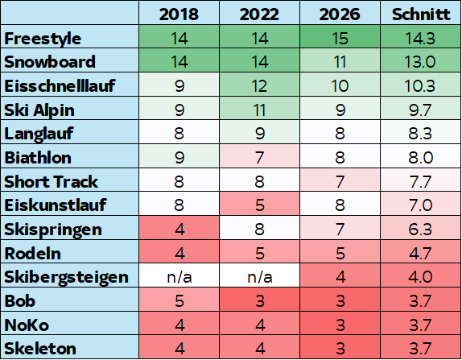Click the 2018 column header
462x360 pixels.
(179, 14)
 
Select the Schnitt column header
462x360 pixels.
(421, 14)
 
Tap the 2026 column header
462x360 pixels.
(340, 14)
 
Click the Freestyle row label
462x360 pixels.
(43, 39)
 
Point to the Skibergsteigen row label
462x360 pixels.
(66, 277)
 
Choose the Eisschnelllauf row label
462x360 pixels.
(60, 86)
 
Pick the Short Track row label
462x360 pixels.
(51, 181)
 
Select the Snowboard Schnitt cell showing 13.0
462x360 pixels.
(420, 62)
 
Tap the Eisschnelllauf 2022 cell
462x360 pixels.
(260, 86)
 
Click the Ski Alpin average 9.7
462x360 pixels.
(420, 110)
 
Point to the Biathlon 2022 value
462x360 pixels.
(260, 157)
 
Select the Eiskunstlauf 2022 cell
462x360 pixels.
(260, 205)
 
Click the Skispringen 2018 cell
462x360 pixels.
(179, 229)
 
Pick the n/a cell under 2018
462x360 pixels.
(179, 277)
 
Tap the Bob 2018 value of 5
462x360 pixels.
(179, 300)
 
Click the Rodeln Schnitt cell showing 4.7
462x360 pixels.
(420, 253)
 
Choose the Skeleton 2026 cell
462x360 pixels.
(340, 348)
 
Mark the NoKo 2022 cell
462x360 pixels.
(260, 325)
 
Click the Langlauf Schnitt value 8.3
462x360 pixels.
(420, 134)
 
